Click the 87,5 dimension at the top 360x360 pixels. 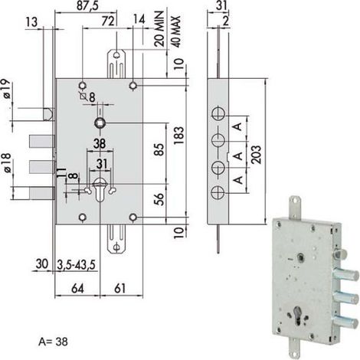click(87, 5)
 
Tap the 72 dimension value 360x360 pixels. click(108, 21)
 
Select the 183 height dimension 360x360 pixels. click(179, 135)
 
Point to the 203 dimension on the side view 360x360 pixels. click(257, 155)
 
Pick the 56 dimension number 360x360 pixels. click(159, 199)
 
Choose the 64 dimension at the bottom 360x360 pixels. click(77, 289)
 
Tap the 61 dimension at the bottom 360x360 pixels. click(119, 289)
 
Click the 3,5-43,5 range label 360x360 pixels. click(76, 265)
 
